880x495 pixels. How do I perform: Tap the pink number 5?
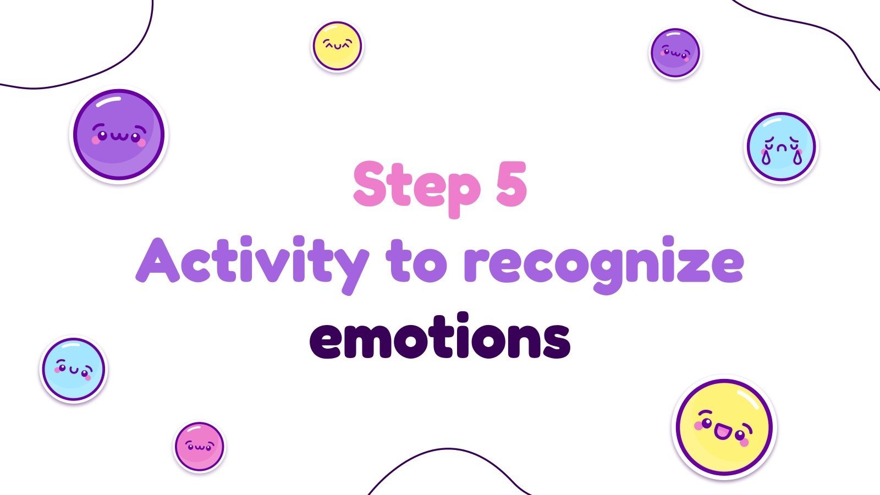pyautogui.click(x=512, y=184)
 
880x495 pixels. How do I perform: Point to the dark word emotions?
pyautogui.click(x=440, y=337)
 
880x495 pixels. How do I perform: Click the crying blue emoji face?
pyautogui.click(x=781, y=147)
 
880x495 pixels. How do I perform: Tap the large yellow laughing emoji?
pyautogui.click(x=724, y=427)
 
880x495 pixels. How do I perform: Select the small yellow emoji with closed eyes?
pyautogui.click(x=337, y=46)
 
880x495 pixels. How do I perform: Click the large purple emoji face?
pyautogui.click(x=119, y=134)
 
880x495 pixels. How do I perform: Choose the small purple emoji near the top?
pyautogui.click(x=675, y=52)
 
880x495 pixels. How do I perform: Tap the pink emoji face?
pyautogui.click(x=199, y=446)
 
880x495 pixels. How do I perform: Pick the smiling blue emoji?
pyautogui.click(x=73, y=369)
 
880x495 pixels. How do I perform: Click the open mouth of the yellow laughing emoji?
pyautogui.click(x=722, y=432)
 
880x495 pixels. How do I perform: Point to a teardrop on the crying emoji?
pyautogui.click(x=766, y=157)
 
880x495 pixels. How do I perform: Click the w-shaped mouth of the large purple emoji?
pyautogui.click(x=119, y=136)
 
